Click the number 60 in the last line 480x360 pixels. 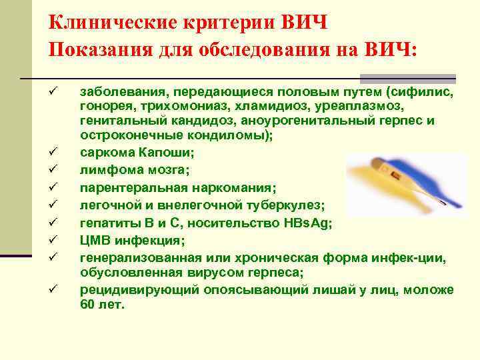(88, 304)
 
